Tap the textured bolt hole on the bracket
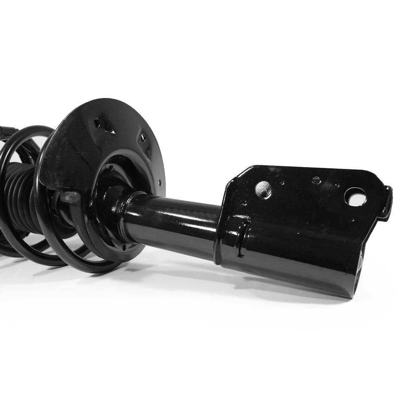(263, 190)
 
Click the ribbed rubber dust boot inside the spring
(21, 195)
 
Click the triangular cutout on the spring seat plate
(103, 124)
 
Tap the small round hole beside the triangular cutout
(97, 123)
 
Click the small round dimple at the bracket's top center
(316, 180)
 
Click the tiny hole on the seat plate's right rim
(160, 183)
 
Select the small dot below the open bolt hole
(352, 219)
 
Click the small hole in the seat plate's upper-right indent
(143, 138)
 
